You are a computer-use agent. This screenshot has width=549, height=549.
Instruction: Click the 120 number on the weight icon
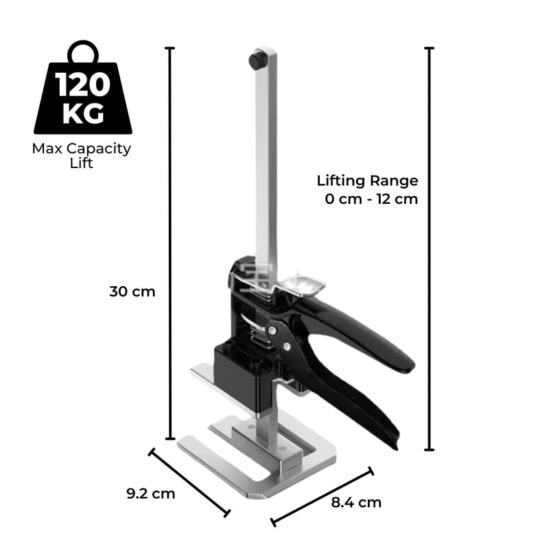[x=82, y=86]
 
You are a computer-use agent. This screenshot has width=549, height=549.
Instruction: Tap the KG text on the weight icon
[x=82, y=113]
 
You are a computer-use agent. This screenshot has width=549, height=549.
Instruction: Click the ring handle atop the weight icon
[x=82, y=52]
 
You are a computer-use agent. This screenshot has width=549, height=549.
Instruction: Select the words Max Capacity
[x=82, y=148]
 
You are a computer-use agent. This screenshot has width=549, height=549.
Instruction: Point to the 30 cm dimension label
[x=132, y=291]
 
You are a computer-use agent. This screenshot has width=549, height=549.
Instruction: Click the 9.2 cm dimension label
[x=151, y=493]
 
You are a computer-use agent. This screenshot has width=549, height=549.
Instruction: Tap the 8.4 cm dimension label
[x=356, y=502]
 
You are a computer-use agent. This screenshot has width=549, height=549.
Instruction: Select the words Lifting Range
[x=367, y=181]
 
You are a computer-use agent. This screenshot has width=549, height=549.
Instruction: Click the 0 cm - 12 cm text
[x=371, y=200]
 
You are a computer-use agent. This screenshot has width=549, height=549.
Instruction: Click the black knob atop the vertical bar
[x=258, y=60]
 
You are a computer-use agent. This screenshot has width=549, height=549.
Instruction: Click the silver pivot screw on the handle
[x=274, y=331]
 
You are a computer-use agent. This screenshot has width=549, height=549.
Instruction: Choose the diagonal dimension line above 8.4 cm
[x=323, y=497]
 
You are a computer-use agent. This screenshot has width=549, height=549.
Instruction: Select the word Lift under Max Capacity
[x=82, y=164]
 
